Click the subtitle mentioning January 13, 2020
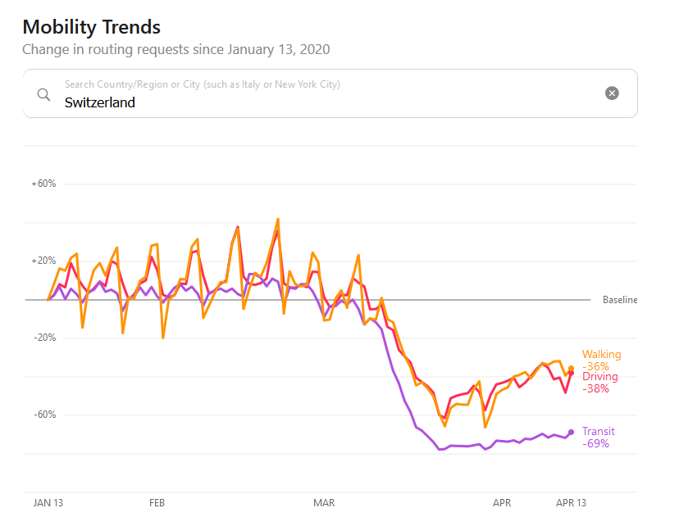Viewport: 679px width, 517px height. click(x=175, y=49)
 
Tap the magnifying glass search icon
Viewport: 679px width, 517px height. click(x=44, y=93)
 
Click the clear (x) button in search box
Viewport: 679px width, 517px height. click(x=612, y=93)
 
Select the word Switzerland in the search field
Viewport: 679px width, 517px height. click(x=100, y=102)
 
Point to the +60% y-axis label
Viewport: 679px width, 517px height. click(x=43, y=184)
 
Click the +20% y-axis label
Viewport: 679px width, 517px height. click(x=43, y=261)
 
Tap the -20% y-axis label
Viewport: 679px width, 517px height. click(x=44, y=338)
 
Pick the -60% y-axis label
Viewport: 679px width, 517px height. click(x=44, y=415)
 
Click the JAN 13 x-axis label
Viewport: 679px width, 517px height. click(x=48, y=502)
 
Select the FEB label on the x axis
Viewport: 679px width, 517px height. click(x=157, y=502)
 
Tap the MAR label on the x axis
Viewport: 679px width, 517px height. click(x=324, y=502)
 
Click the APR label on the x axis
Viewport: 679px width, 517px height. click(x=502, y=502)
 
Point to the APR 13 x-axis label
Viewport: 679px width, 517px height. click(x=572, y=502)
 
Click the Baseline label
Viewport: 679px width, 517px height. click(x=620, y=300)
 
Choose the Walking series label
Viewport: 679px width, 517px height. click(x=601, y=355)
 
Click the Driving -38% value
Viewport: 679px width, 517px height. click(x=595, y=388)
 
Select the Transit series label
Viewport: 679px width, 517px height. click(x=598, y=432)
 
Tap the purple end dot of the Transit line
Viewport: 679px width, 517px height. click(x=571, y=433)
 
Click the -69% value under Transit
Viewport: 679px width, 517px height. click(x=595, y=443)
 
